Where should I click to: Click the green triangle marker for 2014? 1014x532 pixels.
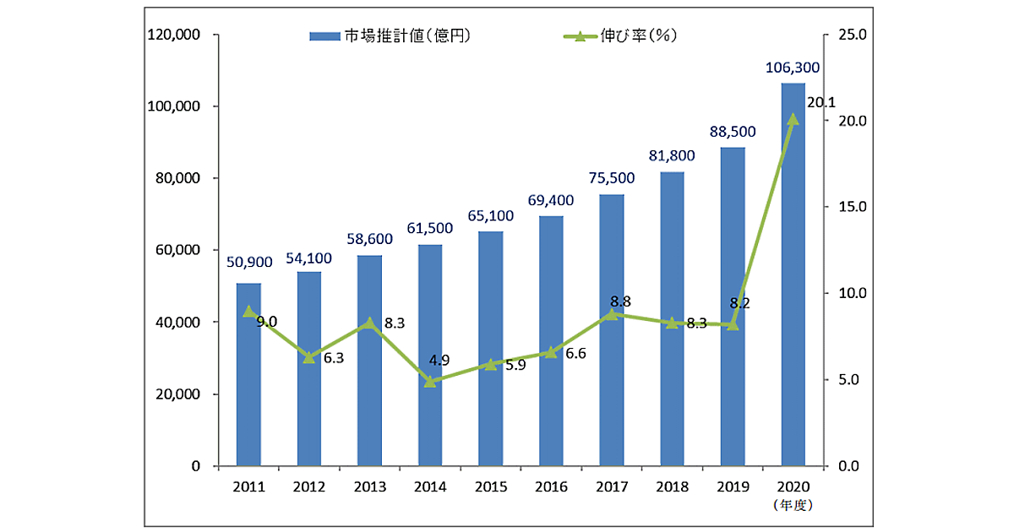[x=430, y=381]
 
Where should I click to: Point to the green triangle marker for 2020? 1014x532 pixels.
[x=793, y=119]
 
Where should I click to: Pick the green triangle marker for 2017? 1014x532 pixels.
[x=612, y=314]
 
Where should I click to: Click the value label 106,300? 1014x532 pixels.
[x=793, y=68]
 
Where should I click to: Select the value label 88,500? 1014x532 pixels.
[x=732, y=132]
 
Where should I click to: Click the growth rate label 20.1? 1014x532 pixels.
[x=821, y=102]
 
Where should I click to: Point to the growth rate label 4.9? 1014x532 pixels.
[x=439, y=361]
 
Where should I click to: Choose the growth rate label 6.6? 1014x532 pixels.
[x=575, y=354]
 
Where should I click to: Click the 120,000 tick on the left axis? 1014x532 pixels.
[x=174, y=35]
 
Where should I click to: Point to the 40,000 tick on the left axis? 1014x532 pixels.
[x=177, y=323]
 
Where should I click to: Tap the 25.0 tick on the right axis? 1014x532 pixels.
[x=853, y=35]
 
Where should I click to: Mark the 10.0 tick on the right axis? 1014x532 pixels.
[x=853, y=293]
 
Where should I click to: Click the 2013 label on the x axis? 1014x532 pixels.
[x=369, y=487]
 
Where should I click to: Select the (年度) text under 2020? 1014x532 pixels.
[x=793, y=505]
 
